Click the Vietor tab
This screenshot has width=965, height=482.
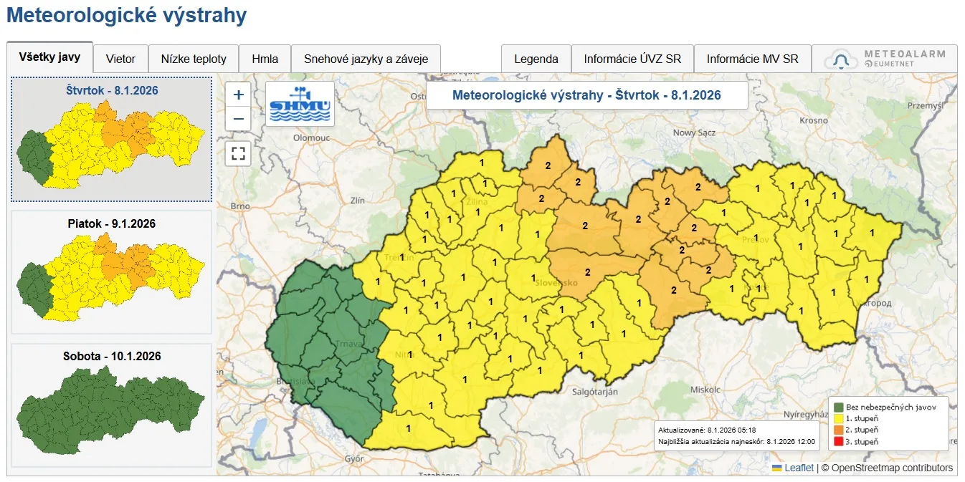click(x=120, y=59)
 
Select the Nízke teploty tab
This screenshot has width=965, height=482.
click(x=194, y=59)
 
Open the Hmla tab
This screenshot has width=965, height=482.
click(x=265, y=59)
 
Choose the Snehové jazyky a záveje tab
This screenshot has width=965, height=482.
click(x=366, y=59)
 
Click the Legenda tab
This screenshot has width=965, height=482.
click(x=536, y=59)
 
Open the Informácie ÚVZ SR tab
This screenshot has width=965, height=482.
click(x=632, y=59)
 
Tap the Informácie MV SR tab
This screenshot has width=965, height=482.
click(x=752, y=59)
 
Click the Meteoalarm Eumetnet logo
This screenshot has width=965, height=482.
click(x=885, y=59)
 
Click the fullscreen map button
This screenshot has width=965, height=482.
click(x=239, y=153)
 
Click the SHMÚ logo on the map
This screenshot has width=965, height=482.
click(x=300, y=105)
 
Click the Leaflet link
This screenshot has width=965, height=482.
click(x=799, y=468)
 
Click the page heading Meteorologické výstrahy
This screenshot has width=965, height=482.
click(x=126, y=16)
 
